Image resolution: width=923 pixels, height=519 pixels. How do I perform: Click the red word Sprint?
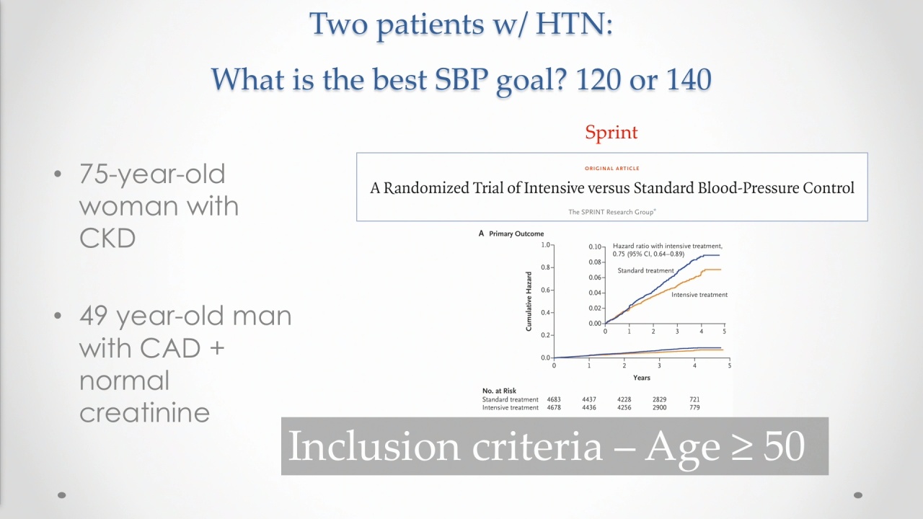(x=611, y=133)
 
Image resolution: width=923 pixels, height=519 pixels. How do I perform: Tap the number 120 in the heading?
(x=598, y=79)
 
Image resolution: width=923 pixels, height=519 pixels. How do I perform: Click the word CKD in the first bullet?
(x=107, y=238)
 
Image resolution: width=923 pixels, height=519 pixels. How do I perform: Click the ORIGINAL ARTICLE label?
(x=612, y=168)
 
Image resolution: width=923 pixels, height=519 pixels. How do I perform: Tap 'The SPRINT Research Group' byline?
(x=612, y=212)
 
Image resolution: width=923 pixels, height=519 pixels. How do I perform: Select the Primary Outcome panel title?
(x=516, y=234)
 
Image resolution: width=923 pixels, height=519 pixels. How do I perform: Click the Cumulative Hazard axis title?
(x=529, y=301)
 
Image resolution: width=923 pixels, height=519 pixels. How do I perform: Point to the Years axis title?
(x=642, y=378)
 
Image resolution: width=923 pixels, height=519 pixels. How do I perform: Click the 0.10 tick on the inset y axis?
(x=595, y=247)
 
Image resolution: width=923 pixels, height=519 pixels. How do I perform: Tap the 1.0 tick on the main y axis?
(x=546, y=245)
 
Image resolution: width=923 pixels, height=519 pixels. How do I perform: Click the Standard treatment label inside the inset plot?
(x=645, y=270)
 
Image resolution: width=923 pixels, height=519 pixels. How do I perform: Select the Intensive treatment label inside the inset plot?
(x=699, y=295)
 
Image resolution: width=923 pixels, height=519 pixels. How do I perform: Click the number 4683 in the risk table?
(x=554, y=399)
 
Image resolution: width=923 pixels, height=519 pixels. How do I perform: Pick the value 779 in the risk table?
(x=694, y=407)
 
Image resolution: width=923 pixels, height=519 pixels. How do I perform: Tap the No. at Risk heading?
(x=499, y=391)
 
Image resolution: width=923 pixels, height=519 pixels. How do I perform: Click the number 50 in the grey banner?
(x=784, y=445)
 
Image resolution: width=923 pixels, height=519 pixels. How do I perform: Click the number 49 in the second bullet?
(x=94, y=316)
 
